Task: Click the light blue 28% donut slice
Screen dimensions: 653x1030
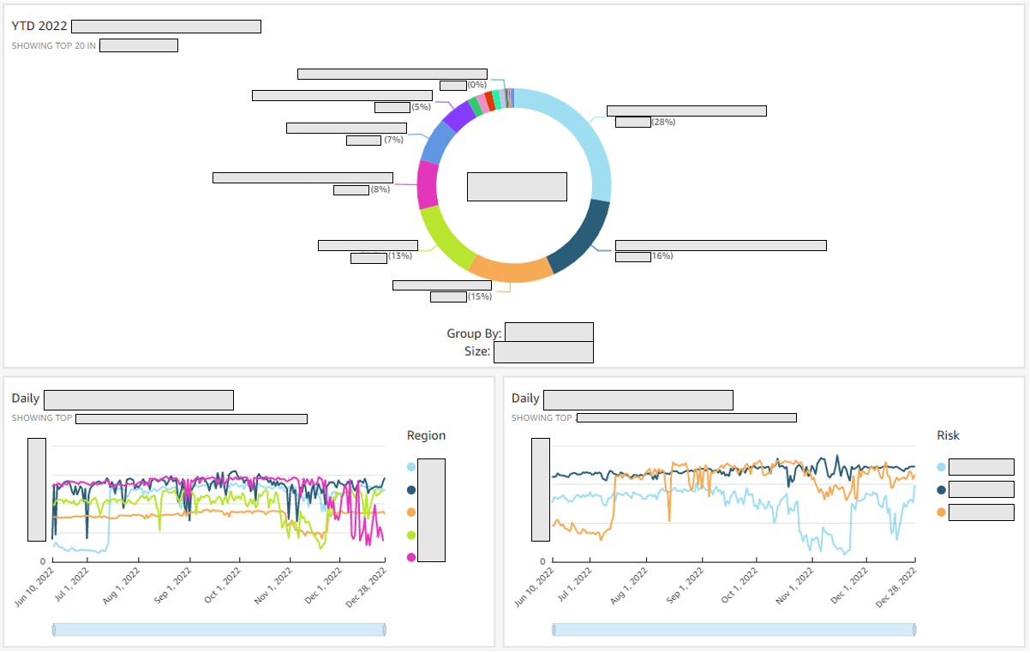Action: [591, 137]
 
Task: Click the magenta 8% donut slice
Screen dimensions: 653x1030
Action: [428, 184]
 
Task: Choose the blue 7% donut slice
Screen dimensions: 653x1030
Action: [438, 141]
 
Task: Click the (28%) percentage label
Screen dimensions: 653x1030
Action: [663, 123]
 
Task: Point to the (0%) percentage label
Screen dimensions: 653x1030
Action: [477, 85]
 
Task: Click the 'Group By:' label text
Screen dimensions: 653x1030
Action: [474, 333]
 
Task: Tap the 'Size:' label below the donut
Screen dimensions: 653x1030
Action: [477, 351]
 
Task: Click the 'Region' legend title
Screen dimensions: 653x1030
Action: [426, 435]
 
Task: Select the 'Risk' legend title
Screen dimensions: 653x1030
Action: [949, 435]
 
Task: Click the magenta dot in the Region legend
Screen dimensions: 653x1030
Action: [411, 558]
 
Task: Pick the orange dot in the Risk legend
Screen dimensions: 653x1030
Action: [942, 512]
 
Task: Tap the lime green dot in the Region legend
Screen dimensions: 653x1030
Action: [411, 535]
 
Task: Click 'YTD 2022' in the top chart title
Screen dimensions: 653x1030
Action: [39, 27]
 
